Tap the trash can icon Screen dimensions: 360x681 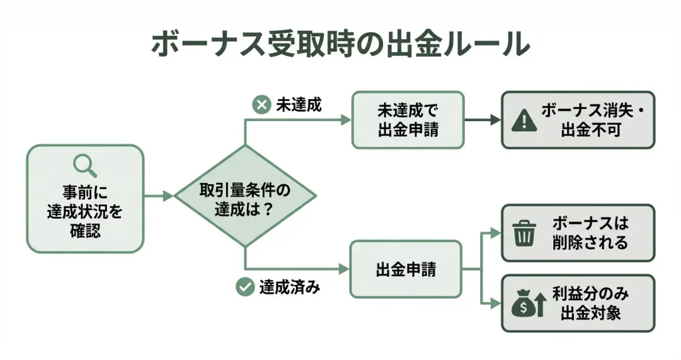coord(525,233)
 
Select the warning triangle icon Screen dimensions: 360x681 coord(525,120)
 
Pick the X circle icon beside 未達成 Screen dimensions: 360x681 coord(261,104)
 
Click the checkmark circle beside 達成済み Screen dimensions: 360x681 coord(245,287)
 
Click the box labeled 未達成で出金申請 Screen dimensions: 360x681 coord(408,120)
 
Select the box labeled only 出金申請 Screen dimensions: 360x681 coord(406,270)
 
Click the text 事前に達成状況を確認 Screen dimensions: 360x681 coord(85,212)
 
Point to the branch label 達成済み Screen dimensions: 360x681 coord(290,287)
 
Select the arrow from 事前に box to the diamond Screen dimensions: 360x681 coord(159,196)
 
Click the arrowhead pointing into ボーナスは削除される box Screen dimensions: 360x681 coord(495,233)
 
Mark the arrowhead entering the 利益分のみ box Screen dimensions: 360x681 coord(495,303)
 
